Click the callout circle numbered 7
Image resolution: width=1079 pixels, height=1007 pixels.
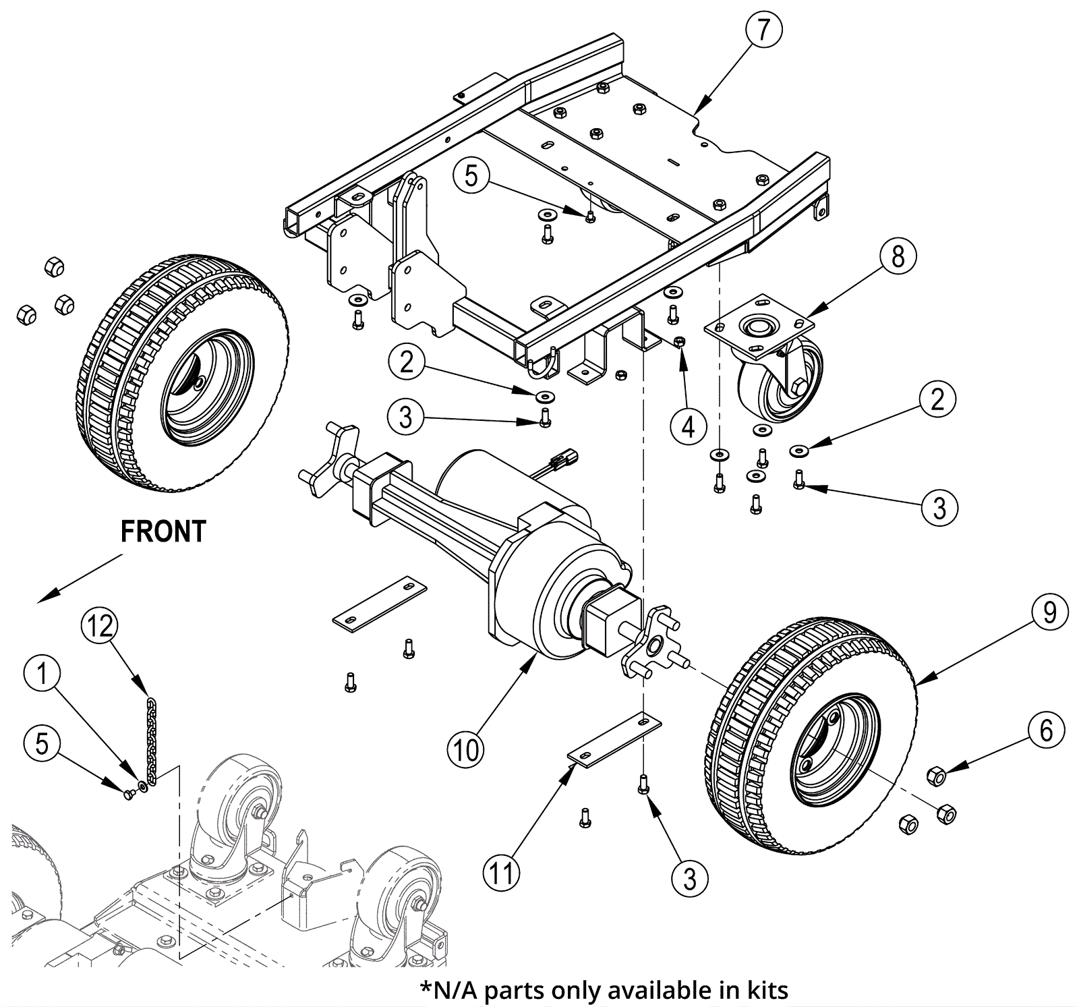click(x=763, y=30)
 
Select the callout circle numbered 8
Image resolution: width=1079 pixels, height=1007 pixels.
click(x=898, y=256)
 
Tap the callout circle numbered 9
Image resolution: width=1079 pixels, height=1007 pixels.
click(x=1049, y=612)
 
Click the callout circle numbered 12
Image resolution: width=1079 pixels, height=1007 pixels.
click(x=99, y=626)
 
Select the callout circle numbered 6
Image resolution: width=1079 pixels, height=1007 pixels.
click(x=1046, y=730)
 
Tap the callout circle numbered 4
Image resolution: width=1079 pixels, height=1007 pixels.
click(x=689, y=426)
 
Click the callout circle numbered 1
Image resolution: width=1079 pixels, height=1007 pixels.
click(x=42, y=673)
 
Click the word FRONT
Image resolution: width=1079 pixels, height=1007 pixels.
click(x=163, y=531)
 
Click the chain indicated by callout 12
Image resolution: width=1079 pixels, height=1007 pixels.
click(x=152, y=741)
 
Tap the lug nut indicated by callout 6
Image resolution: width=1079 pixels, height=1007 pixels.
click(x=936, y=776)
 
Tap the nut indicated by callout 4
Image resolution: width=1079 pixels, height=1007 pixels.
click(x=680, y=342)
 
